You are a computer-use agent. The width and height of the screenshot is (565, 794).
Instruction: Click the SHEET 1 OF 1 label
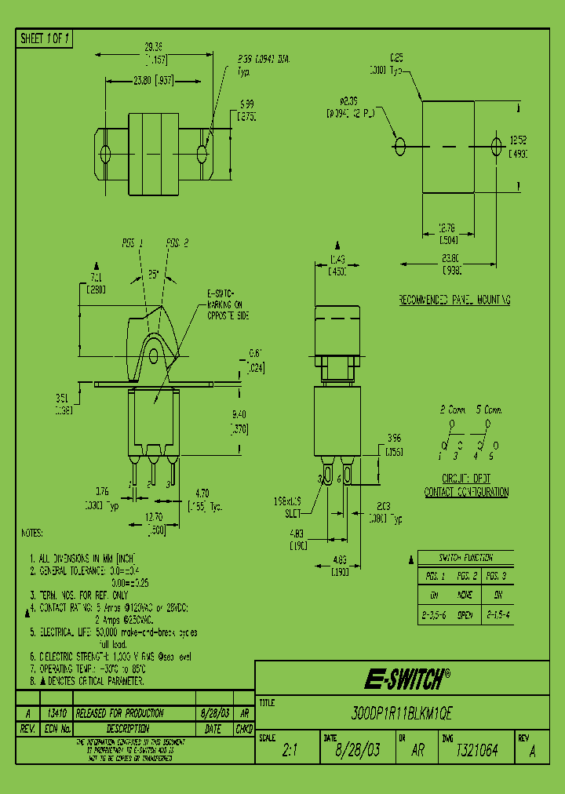click(45, 38)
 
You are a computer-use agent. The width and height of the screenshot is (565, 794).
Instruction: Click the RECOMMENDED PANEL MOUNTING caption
click(454, 300)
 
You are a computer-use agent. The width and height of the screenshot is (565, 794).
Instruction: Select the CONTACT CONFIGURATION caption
click(466, 492)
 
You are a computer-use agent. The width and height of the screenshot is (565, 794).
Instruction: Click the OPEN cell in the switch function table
click(465, 616)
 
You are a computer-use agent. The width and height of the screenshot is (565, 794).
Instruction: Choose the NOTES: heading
click(32, 533)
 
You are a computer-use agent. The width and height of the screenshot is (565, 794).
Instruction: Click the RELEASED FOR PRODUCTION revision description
click(119, 713)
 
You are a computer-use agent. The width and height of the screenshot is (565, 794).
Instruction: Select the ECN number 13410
click(56, 713)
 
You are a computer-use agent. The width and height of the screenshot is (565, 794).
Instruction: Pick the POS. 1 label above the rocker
click(132, 243)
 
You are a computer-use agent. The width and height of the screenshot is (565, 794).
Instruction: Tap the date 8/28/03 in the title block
click(357, 751)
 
